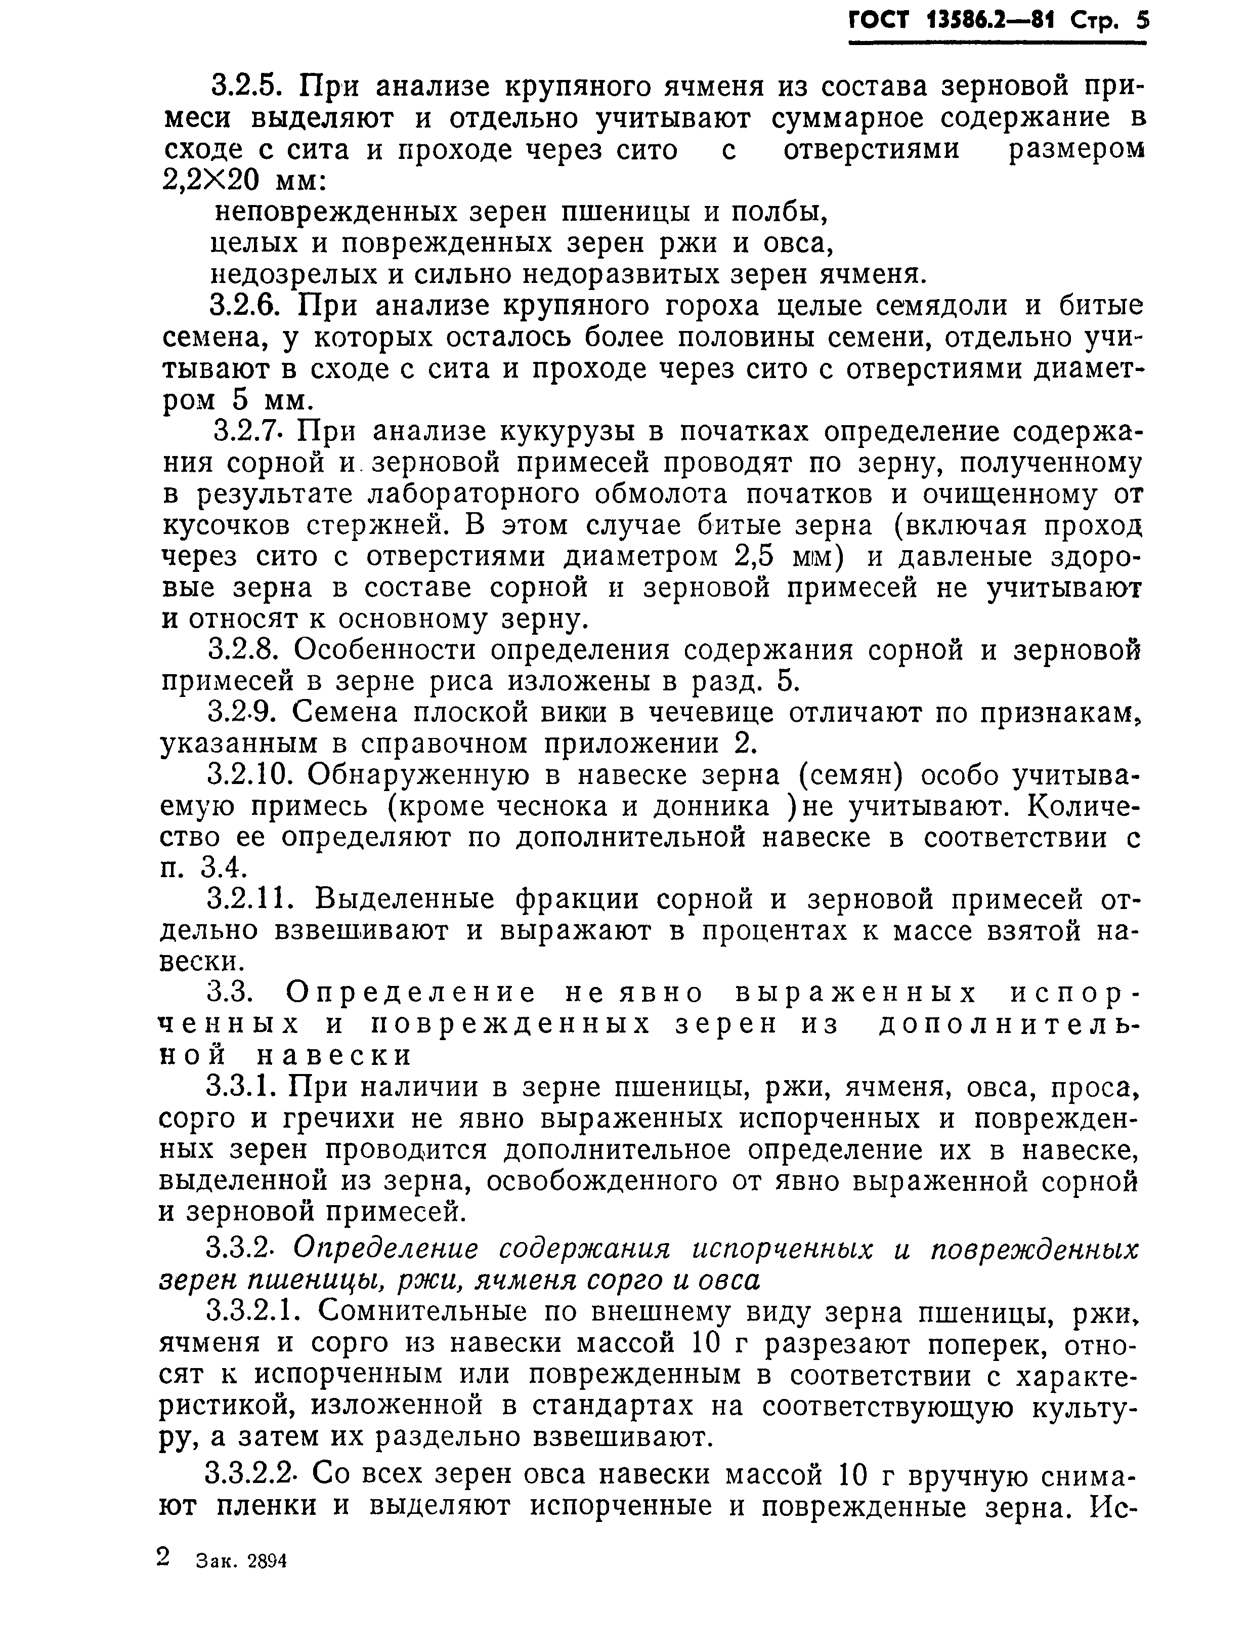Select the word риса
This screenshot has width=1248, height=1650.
tap(461, 682)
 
